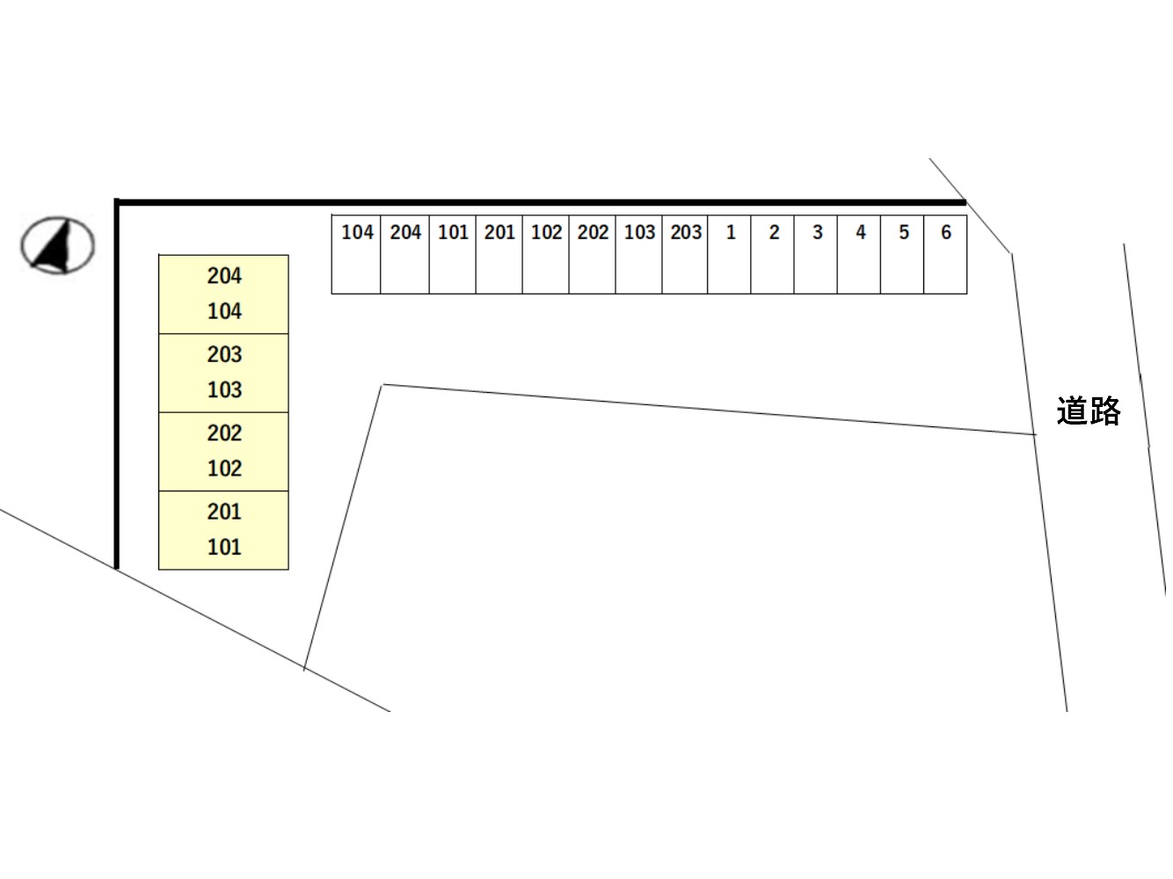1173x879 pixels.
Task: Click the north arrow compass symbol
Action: tap(57, 245)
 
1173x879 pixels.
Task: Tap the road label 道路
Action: tap(1088, 410)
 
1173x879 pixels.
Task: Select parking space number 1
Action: tap(729, 254)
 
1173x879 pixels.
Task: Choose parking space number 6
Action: tap(944, 254)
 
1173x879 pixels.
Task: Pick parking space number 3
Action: tap(815, 254)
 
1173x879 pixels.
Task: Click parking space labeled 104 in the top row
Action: tap(356, 254)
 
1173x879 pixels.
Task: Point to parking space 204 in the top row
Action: tap(404, 254)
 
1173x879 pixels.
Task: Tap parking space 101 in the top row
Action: tap(452, 254)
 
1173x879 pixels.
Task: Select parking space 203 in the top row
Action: tap(685, 254)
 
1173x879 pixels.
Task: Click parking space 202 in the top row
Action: tap(592, 254)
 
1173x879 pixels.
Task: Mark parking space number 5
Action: tap(902, 254)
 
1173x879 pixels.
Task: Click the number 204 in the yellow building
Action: tap(224, 276)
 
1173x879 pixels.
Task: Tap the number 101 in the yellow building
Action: tap(224, 548)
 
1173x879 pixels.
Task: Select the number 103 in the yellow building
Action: tap(224, 389)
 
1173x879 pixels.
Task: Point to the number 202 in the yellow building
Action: tap(224, 433)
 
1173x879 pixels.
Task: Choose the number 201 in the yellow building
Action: tap(224, 512)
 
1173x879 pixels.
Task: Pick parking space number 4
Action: tap(859, 254)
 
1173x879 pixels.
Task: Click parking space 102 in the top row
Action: tap(546, 254)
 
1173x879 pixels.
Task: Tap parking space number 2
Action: tap(772, 254)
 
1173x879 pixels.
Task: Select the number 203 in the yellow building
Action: tap(224, 354)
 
